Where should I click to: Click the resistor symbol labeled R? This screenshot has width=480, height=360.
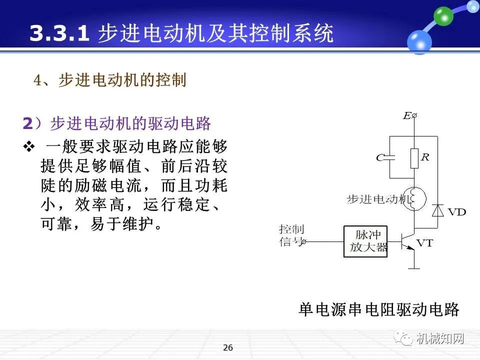point(414,158)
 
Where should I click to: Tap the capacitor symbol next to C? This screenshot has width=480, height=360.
point(390,157)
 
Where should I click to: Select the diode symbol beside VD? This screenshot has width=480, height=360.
point(438,210)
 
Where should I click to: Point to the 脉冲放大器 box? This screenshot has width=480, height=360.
point(365,241)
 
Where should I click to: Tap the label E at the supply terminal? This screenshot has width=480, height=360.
point(406,116)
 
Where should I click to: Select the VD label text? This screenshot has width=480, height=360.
point(456,212)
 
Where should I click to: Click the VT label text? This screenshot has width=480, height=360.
point(425,243)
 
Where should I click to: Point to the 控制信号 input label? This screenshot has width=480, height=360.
point(291,235)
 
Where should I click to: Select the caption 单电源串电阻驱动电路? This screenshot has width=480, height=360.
point(378,309)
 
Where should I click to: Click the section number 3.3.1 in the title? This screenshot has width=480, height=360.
point(59,34)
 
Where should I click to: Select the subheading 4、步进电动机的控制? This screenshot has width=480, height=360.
point(110,80)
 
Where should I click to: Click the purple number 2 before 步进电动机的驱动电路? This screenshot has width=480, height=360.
point(27,122)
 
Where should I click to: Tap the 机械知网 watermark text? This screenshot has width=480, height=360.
point(440,338)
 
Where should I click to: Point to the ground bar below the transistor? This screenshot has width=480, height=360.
point(414,268)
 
